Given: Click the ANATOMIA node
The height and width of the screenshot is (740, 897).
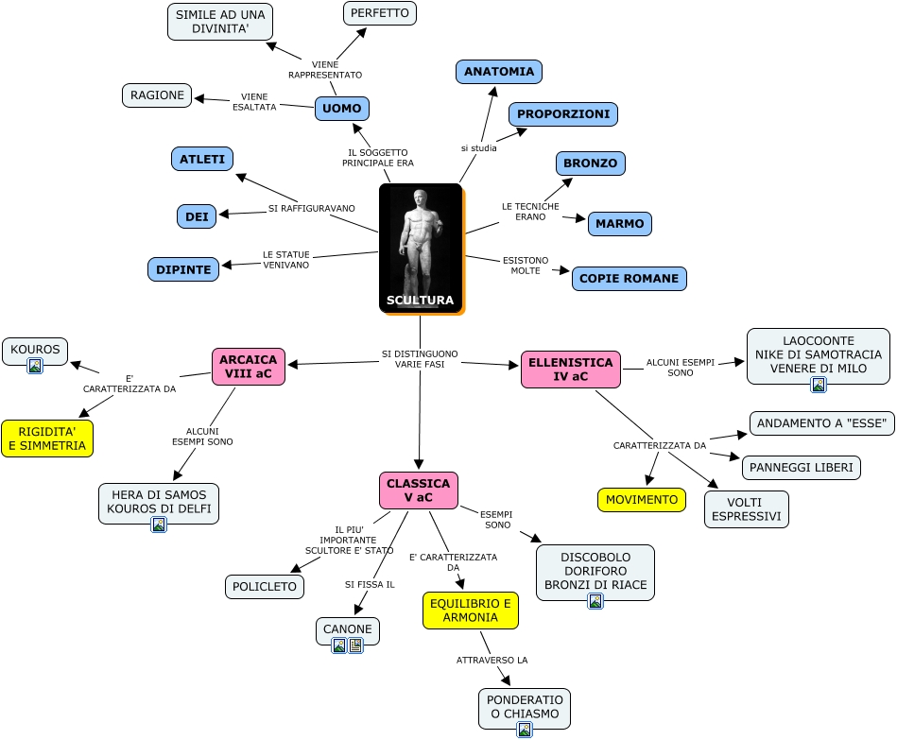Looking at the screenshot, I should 498,72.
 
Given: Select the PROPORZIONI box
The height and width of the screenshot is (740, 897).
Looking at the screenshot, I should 563,114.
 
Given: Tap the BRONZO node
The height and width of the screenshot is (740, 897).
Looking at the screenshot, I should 590,163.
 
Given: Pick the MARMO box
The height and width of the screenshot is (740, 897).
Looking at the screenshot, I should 619,224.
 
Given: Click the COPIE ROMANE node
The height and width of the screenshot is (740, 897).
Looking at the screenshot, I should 629,279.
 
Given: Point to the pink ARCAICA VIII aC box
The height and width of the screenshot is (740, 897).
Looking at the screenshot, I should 249,367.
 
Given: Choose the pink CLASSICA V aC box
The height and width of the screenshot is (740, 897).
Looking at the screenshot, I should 419,490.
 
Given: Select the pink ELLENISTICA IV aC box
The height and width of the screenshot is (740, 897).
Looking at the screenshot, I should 571,370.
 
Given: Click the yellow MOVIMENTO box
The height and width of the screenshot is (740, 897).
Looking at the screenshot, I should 642,500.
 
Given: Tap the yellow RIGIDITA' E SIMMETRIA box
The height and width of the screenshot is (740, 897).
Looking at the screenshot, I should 47,439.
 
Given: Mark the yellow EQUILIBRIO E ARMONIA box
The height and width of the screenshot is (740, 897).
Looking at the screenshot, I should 470,611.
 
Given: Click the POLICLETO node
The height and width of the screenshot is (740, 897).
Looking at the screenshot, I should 265,587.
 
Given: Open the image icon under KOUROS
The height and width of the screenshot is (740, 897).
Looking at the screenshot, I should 35,366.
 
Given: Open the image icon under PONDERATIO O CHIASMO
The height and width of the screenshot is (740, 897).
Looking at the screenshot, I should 525,730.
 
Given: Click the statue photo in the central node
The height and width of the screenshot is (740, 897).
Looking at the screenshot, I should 420,241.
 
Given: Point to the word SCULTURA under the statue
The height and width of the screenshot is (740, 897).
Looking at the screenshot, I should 420,301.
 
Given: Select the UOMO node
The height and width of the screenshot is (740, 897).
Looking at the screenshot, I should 341,109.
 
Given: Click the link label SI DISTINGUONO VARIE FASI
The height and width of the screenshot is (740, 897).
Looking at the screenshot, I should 420,359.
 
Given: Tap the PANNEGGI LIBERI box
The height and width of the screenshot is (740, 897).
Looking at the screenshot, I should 801,468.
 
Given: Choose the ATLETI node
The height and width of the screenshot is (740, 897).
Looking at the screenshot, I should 202,159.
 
